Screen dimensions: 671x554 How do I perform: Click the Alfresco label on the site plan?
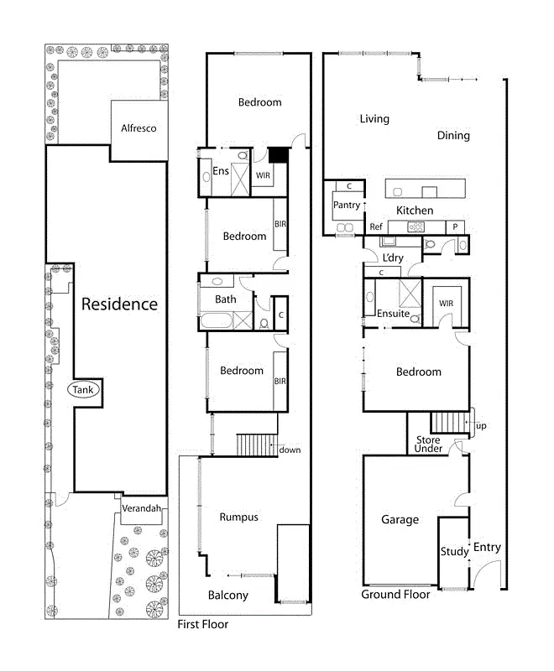[x=138, y=128]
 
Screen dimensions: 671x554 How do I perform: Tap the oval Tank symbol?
[x=83, y=390]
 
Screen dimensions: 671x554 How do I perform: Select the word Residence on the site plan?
[x=119, y=304]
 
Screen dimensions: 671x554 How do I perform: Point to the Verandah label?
[x=140, y=509]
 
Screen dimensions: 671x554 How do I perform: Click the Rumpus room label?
[x=238, y=518]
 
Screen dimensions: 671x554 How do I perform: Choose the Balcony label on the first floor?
[x=227, y=596]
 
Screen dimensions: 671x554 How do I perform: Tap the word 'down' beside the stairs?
[x=290, y=450]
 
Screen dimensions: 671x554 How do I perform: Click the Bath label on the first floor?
[x=225, y=299]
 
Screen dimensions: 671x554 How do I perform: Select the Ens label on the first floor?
[x=221, y=172]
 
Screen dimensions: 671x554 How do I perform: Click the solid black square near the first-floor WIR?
[x=278, y=155]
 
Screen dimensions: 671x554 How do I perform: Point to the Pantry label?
[x=346, y=205]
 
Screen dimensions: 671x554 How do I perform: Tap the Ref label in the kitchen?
[x=376, y=227]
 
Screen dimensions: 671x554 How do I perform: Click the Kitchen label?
[x=415, y=211]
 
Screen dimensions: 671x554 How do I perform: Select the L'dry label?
[x=393, y=257]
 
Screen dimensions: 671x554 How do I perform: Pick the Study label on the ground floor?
[x=454, y=552]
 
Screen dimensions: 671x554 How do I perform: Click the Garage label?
[x=400, y=520]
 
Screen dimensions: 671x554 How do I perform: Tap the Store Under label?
[x=428, y=445]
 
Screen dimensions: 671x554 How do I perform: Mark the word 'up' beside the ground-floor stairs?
[x=481, y=427]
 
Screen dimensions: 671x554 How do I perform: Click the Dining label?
[x=453, y=136]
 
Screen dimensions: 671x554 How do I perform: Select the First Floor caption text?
[x=202, y=625]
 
